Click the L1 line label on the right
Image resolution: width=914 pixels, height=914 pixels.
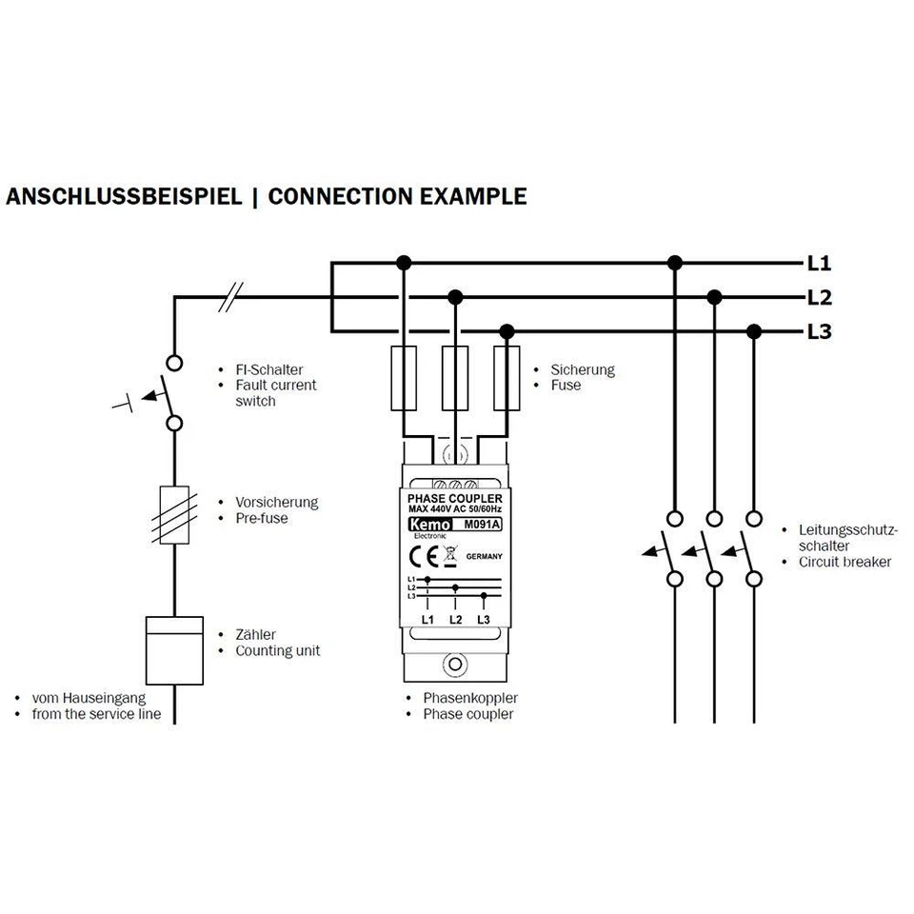pyautogui.click(x=819, y=263)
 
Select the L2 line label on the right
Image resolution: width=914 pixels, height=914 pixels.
pyautogui.click(x=819, y=298)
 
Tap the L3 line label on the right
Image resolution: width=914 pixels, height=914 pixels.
pyautogui.click(x=819, y=332)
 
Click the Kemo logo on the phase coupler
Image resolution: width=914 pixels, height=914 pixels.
pyautogui.click(x=426, y=524)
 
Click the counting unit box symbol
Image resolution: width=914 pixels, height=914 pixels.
pyautogui.click(x=174, y=650)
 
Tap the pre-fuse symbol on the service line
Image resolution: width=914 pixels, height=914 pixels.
pyautogui.click(x=174, y=514)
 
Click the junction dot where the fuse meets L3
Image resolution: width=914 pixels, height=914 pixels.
pyautogui.click(x=507, y=331)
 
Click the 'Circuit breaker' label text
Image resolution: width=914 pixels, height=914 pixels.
pyautogui.click(x=844, y=562)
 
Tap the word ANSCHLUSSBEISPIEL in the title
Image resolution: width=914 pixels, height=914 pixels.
pyautogui.click(x=123, y=197)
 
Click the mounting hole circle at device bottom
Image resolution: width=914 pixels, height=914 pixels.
pyautogui.click(x=455, y=664)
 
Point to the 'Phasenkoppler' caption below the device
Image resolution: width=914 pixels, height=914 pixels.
pyautogui.click(x=470, y=698)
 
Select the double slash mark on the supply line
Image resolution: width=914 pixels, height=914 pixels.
pyautogui.click(x=229, y=298)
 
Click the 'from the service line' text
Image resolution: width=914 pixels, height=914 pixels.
pyautogui.click(x=96, y=714)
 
